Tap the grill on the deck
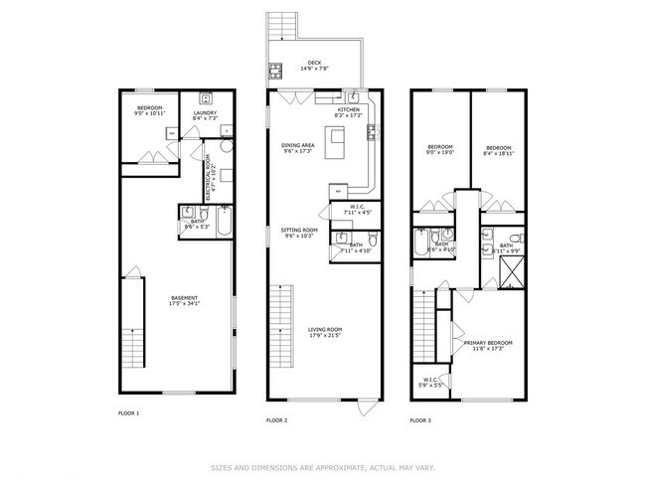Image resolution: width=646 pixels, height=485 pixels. [273, 70]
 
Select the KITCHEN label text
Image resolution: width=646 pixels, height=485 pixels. [348, 110]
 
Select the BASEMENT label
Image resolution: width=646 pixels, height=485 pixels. [184, 298]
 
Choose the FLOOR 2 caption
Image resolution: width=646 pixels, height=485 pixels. [276, 420]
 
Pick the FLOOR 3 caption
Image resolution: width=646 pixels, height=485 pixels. [421, 420]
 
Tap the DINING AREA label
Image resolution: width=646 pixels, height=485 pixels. [298, 146]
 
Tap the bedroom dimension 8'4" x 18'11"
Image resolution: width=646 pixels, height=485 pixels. [498, 152]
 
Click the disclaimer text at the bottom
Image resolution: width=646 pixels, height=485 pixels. [323, 466]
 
